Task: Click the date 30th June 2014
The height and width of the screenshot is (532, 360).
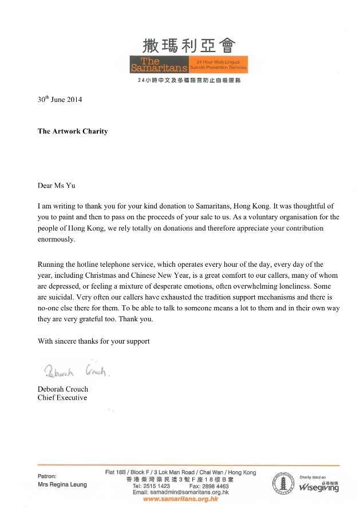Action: click(60, 99)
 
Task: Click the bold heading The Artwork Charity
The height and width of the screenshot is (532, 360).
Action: click(73, 131)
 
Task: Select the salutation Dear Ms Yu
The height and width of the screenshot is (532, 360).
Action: click(56, 185)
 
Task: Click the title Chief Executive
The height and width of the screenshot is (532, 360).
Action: click(62, 397)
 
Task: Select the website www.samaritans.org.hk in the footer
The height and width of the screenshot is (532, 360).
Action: click(180, 499)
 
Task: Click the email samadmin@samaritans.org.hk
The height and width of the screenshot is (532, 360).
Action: click(180, 492)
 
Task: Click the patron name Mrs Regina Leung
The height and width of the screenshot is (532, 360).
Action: click(62, 484)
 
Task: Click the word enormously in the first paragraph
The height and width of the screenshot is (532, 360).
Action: click(56, 240)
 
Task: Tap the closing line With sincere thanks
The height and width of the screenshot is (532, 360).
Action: click(93, 341)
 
